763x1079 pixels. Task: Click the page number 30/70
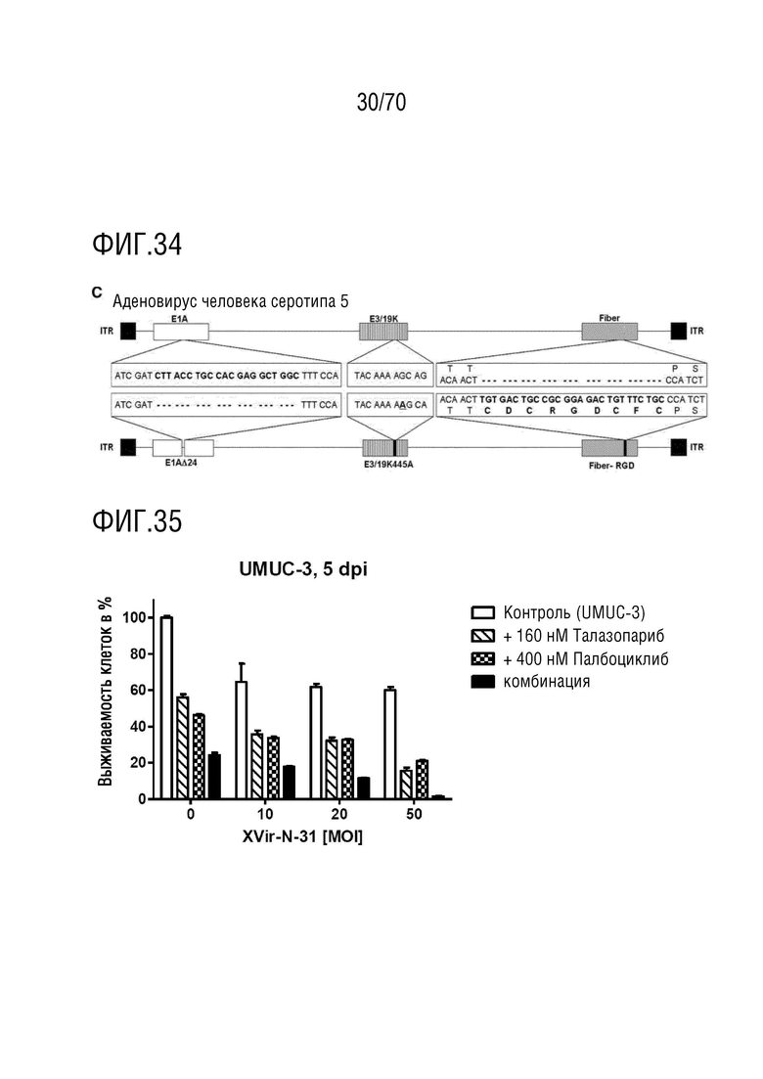pos(381,102)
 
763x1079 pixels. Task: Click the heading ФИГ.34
pos(137,245)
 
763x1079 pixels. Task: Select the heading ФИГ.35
pos(137,520)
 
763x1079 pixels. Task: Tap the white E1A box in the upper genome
pos(180,332)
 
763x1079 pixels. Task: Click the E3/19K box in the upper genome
pos(383,332)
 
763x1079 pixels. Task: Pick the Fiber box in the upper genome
pos(608,332)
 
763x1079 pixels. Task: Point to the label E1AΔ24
pos(181,463)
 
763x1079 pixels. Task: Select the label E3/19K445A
pos(388,465)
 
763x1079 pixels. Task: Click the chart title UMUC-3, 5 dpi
pos(303,569)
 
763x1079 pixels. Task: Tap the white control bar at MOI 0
pos(166,707)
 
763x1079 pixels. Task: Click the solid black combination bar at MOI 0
pos(214,776)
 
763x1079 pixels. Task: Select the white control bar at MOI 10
pos(242,740)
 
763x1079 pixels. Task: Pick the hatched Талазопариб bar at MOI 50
pos(406,785)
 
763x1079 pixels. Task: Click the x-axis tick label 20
pos(339,814)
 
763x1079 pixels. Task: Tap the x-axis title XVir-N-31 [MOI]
pos(302,836)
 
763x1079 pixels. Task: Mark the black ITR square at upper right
pos(678,331)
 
